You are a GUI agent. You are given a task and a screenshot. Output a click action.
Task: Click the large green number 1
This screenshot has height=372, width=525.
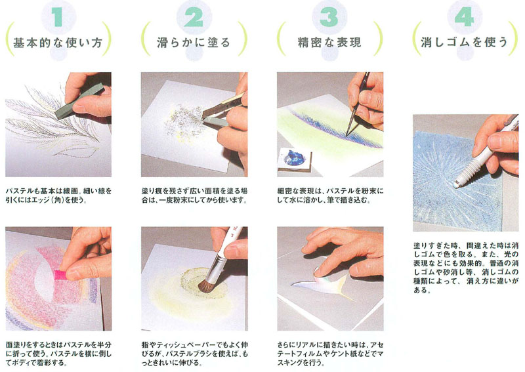tap(58, 17)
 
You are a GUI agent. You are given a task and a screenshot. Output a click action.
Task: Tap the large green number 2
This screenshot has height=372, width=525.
tap(194, 17)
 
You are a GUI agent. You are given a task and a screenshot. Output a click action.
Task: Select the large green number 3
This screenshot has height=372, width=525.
tap(329, 17)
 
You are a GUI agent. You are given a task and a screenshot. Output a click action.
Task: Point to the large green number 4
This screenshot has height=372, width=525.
tap(465, 17)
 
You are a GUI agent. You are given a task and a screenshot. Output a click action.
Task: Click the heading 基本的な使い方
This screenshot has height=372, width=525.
tap(58, 43)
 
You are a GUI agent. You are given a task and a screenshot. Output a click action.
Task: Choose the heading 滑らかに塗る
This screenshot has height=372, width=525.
tap(194, 43)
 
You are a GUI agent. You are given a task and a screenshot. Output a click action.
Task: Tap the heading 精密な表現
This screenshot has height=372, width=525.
tap(329, 43)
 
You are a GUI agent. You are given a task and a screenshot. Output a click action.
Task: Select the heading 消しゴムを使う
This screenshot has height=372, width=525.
tap(465, 42)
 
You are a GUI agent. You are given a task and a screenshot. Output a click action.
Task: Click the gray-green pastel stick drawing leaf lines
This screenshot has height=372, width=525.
tap(79, 100)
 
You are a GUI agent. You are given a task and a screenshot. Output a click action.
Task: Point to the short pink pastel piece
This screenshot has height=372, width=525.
tap(60, 275)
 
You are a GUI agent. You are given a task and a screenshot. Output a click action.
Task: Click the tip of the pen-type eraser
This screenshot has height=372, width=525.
tap(457, 184)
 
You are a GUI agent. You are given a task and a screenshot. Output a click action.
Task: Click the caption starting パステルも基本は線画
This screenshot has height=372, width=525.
tap(59, 196)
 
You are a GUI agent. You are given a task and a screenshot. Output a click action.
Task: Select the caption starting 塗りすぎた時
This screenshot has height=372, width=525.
tap(466, 268)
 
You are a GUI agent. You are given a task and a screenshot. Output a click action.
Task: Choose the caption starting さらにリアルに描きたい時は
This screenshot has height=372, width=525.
tap(330, 353)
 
